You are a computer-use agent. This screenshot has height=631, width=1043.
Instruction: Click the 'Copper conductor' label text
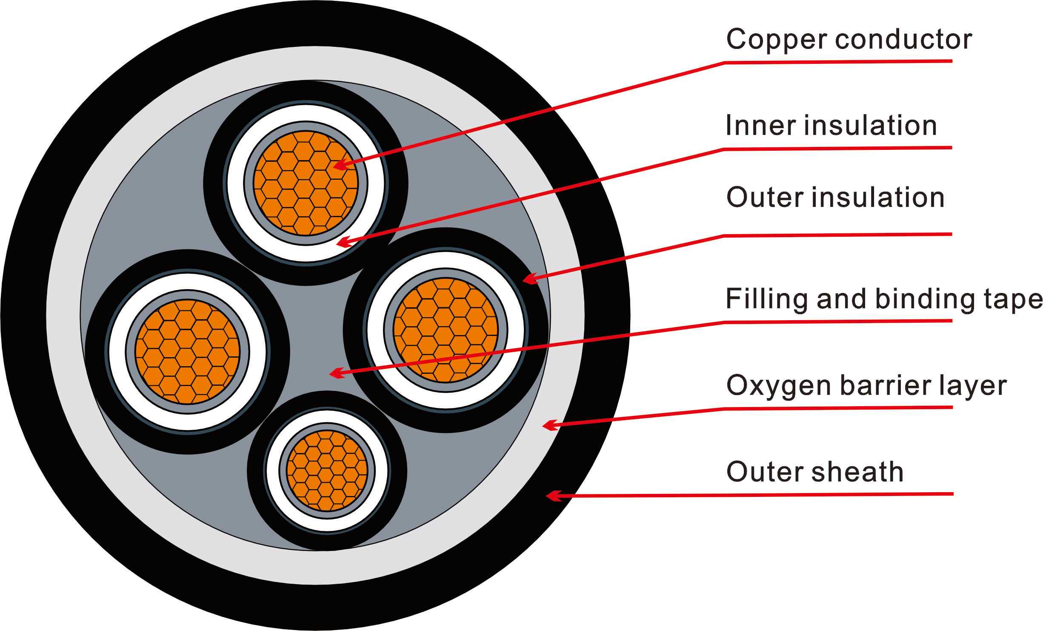849,39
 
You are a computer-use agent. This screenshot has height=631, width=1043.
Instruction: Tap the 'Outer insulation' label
835,198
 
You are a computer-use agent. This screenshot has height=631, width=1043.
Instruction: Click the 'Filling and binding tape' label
883,299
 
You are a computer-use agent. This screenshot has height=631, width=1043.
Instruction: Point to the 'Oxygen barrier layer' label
866,385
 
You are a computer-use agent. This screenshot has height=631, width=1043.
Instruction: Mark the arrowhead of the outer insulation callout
528,280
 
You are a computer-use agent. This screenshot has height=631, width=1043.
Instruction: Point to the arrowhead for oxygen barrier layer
548,425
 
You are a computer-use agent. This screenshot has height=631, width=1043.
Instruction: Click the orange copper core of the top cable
305,183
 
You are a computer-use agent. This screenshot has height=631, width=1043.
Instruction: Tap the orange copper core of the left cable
187,352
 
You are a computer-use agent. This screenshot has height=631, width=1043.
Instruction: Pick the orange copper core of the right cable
445,330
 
